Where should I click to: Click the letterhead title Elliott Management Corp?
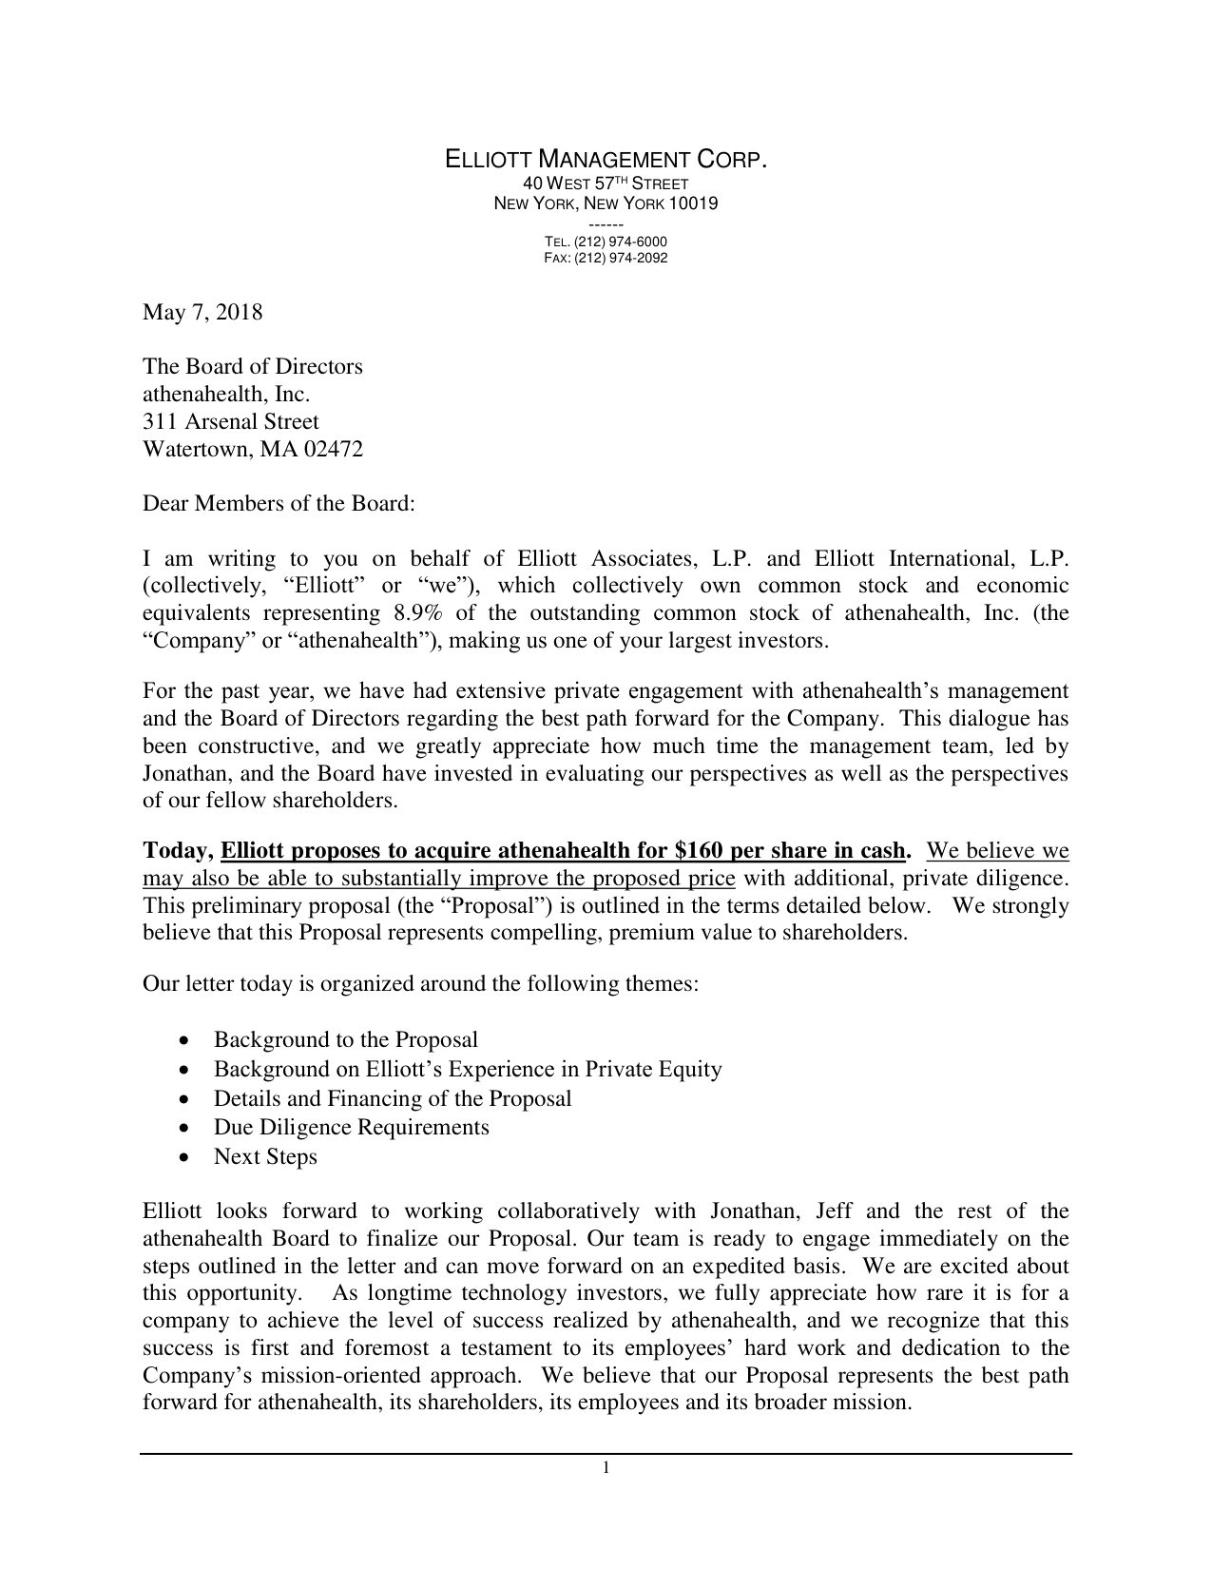pyautogui.click(x=606, y=160)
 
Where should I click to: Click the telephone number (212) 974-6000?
pyautogui.click(x=620, y=242)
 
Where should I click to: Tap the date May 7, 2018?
pyautogui.click(x=202, y=312)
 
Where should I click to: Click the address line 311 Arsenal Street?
pyautogui.click(x=230, y=421)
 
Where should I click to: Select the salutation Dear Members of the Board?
pyautogui.click(x=279, y=503)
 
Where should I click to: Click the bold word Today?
pyautogui.click(x=178, y=849)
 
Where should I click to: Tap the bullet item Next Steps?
pyautogui.click(x=265, y=1156)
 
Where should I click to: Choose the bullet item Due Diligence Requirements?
pyautogui.click(x=351, y=1128)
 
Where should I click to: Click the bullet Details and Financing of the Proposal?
pyautogui.click(x=393, y=1098)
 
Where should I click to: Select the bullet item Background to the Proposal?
pyautogui.click(x=345, y=1040)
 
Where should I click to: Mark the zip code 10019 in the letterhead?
pyautogui.click(x=693, y=203)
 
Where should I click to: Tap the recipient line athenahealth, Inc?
pyautogui.click(x=226, y=394)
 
